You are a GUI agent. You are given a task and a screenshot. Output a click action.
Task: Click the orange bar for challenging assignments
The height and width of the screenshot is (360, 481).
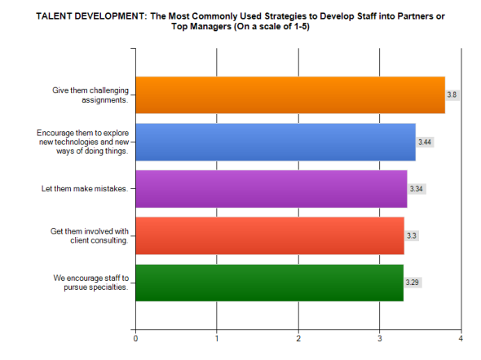coord(289,94)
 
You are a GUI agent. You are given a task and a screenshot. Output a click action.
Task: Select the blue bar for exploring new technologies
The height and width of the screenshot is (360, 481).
coord(275,142)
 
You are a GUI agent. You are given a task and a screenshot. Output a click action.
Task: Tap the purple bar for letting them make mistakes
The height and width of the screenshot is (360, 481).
coord(271,189)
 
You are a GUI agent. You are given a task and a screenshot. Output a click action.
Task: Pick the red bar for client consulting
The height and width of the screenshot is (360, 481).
coord(269,235)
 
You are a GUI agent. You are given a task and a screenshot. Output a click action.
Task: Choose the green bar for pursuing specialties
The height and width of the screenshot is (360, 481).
coord(268,283)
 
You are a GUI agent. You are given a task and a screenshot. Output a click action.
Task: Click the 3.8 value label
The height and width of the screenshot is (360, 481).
coord(452,94)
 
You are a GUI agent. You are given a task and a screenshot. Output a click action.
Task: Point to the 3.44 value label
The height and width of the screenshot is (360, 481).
coord(424,142)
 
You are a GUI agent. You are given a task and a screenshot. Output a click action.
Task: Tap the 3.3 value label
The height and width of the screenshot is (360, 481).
coord(412,235)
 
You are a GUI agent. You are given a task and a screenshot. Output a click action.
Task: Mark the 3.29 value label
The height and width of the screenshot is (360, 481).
coord(413,283)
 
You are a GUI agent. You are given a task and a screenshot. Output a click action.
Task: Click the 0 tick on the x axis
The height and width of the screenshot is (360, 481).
coord(135,337)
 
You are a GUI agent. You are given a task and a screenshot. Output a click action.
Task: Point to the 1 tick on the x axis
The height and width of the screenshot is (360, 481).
coord(217,337)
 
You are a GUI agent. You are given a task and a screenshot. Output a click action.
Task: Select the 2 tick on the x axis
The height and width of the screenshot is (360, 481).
coord(298,337)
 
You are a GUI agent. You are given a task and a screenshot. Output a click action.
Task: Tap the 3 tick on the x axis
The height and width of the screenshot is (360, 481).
coord(380,337)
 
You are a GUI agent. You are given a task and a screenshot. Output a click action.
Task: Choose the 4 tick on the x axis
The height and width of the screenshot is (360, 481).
coord(461,337)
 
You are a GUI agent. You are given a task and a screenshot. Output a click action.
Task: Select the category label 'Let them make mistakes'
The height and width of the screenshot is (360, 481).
coord(85,189)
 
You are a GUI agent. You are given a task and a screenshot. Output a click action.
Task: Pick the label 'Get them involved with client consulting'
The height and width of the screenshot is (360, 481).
coord(88,235)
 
